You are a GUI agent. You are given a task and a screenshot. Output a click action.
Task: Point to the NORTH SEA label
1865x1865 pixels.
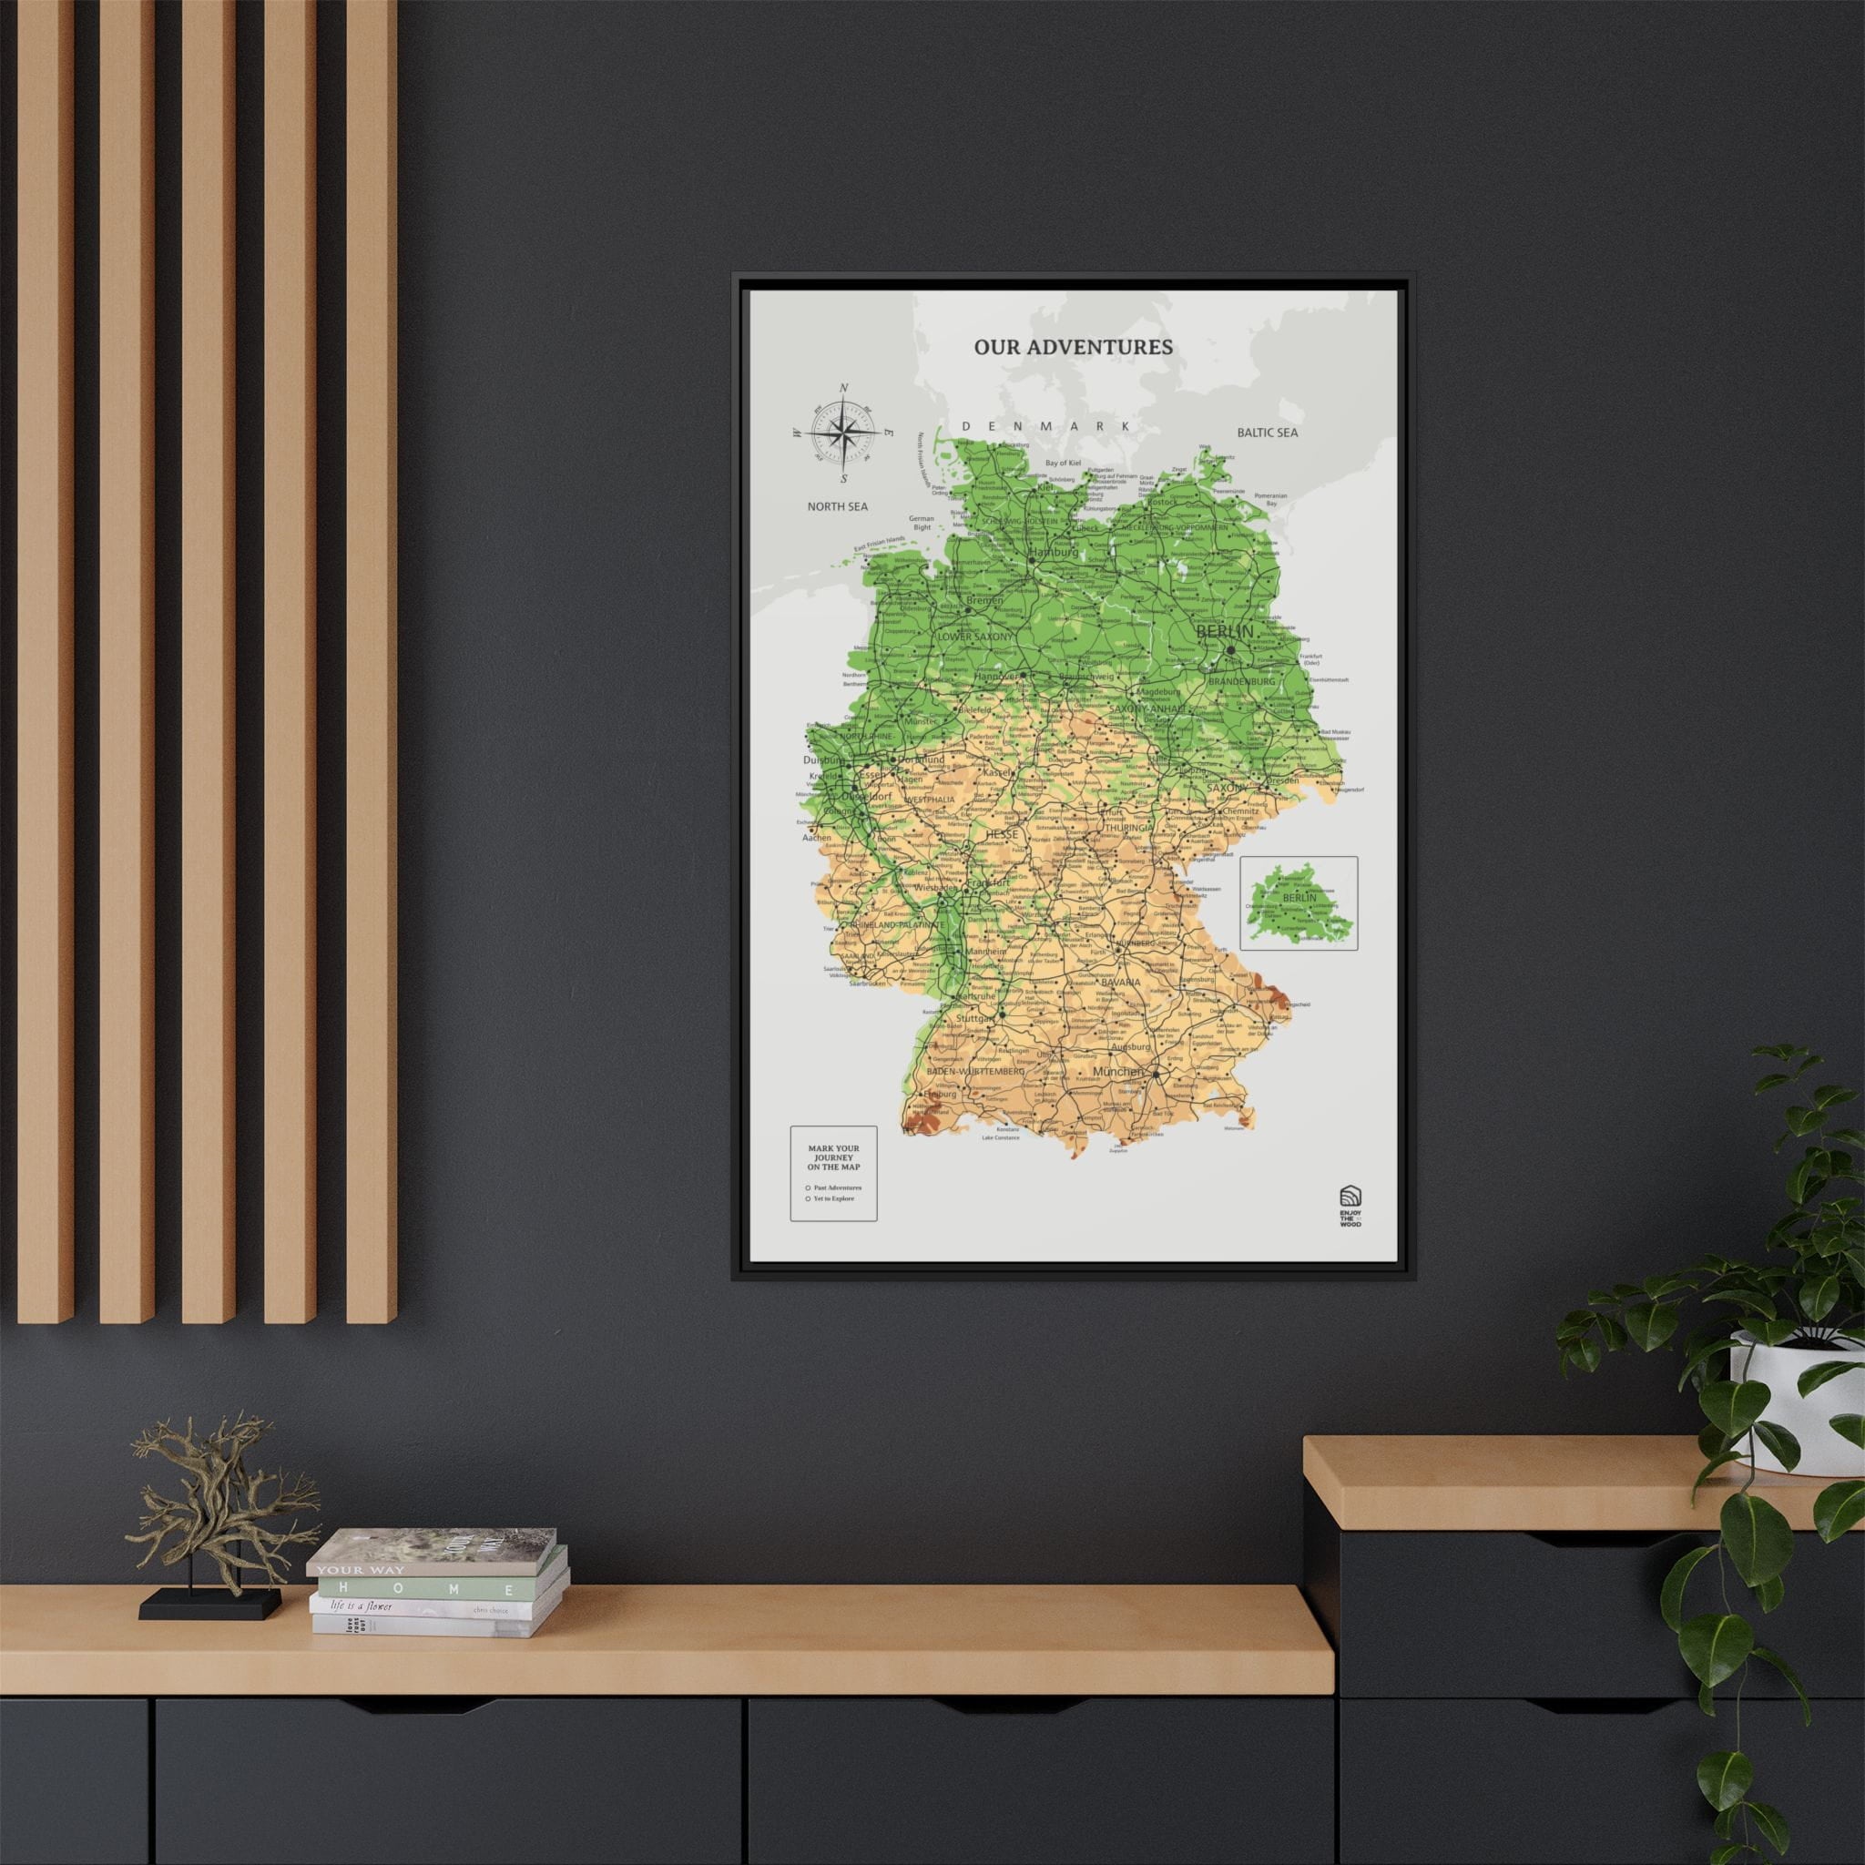[837, 505]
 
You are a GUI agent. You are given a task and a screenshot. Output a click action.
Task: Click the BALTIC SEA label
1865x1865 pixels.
[1267, 433]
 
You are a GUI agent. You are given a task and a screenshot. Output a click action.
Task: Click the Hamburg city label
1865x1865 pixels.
[1055, 552]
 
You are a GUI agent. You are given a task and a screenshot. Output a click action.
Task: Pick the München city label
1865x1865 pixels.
[1118, 1072]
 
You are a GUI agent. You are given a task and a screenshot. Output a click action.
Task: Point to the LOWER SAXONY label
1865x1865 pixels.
[975, 637]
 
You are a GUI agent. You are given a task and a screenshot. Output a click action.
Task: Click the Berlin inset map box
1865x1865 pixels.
[1299, 902]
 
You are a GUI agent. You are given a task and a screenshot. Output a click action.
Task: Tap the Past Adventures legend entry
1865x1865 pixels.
[836, 1187]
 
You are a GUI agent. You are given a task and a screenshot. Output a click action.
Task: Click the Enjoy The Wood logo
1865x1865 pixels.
[1349, 1207]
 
